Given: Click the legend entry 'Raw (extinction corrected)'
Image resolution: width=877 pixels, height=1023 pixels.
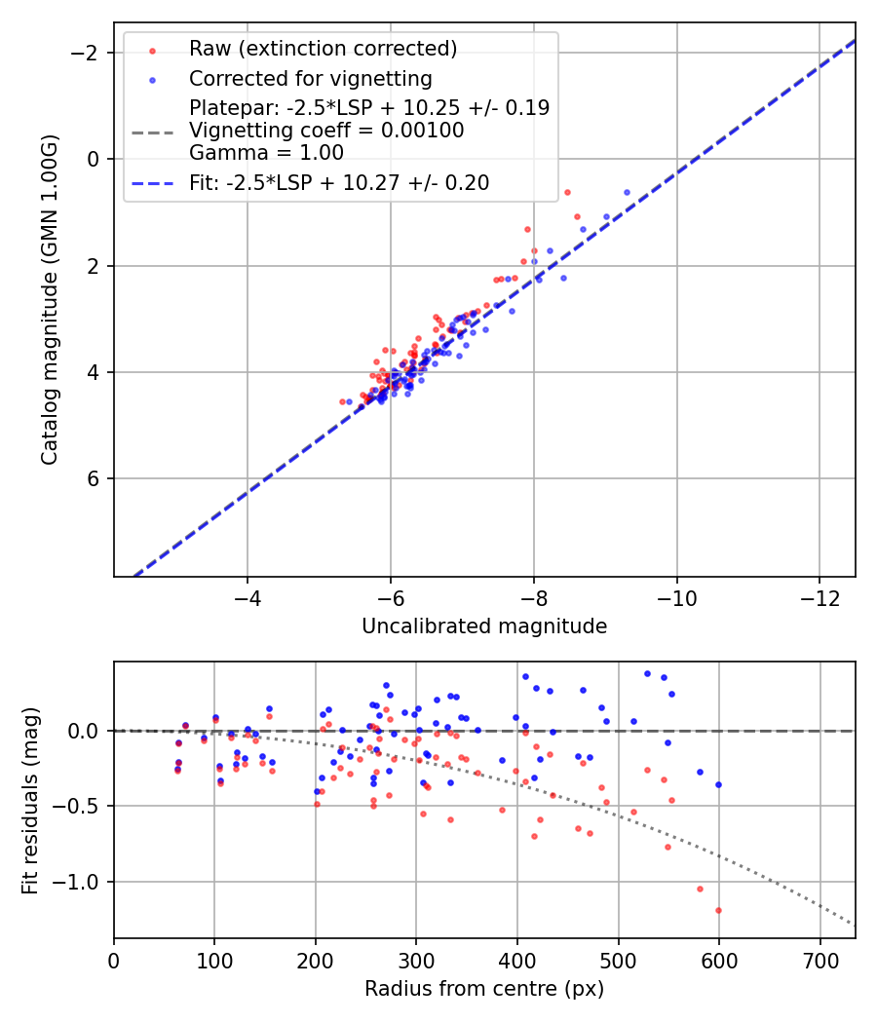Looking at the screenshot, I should [x=323, y=49].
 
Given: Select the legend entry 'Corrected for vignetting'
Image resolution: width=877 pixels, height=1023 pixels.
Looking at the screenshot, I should [x=310, y=78].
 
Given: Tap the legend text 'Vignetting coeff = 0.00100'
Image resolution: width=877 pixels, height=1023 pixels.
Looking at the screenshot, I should [x=326, y=131].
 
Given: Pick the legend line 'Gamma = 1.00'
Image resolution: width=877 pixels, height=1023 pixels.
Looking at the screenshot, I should [x=266, y=153].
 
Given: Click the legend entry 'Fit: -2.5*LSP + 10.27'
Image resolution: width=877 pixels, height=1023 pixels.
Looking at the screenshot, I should [x=338, y=182].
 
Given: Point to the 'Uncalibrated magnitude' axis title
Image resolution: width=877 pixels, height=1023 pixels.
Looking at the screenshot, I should [x=484, y=626].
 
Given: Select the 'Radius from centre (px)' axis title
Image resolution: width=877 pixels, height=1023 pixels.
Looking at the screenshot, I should [x=484, y=989].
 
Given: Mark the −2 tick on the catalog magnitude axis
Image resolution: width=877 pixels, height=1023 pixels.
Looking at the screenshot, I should [x=90, y=53].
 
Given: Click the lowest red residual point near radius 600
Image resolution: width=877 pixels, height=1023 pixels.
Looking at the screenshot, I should [x=718, y=910].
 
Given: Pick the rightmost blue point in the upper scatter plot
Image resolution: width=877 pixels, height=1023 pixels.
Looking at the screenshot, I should [x=627, y=192].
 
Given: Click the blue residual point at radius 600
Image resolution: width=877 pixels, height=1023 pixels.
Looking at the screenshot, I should [x=718, y=784].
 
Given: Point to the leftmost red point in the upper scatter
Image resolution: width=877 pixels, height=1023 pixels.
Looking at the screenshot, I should [x=342, y=401].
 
